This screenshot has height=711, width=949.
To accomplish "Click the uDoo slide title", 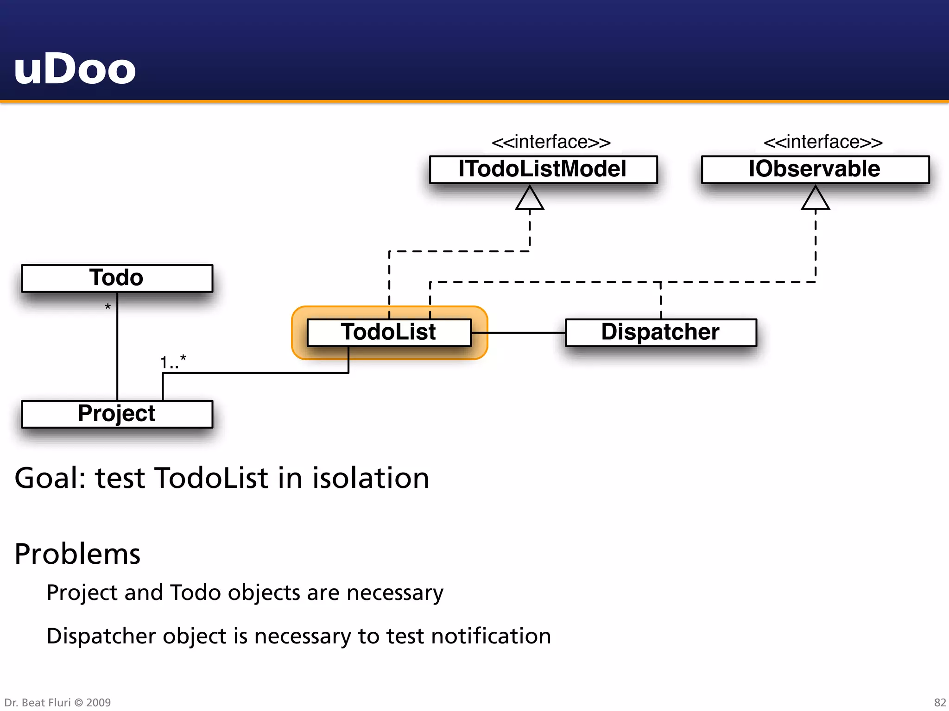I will click(75, 69).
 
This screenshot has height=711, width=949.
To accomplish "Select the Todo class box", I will click(117, 278).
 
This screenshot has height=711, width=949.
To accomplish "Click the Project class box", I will click(117, 414).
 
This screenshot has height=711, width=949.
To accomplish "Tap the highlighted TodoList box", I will click(389, 332).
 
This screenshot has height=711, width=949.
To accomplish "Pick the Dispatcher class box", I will click(660, 332).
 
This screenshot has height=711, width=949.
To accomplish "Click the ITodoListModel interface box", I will click(543, 169).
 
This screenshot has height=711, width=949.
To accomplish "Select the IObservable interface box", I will click(815, 169).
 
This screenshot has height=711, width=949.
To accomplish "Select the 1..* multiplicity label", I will click(173, 362).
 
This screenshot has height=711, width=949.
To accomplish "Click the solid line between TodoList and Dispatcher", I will click(518, 332).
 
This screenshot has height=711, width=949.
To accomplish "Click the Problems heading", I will click(77, 554).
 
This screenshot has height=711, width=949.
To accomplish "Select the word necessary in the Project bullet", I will click(395, 593).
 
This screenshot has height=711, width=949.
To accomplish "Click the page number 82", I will click(940, 702).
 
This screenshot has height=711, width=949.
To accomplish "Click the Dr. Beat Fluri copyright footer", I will click(57, 702).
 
